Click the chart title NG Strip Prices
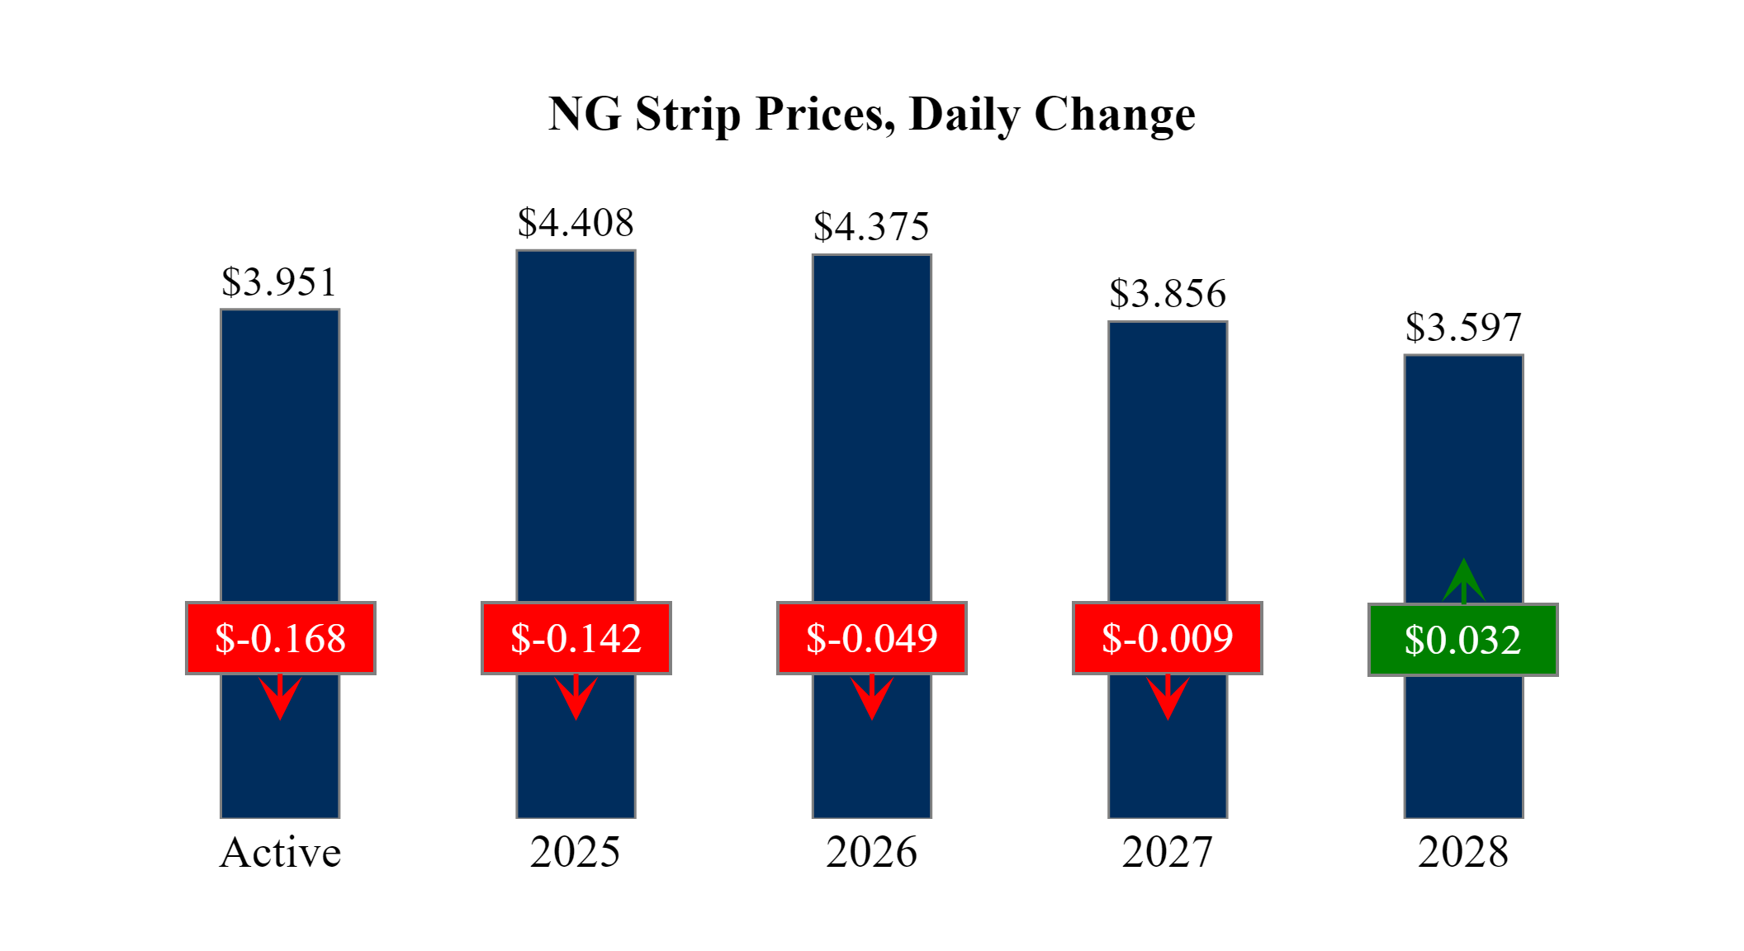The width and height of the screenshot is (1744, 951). pyautogui.click(x=871, y=114)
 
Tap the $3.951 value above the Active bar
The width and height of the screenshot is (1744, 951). pyautogui.click(x=279, y=282)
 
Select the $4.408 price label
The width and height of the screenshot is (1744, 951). pyautogui.click(x=576, y=223)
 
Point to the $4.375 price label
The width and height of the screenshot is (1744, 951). pyautogui.click(x=871, y=227)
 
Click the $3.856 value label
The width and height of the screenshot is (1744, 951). pyautogui.click(x=1168, y=294)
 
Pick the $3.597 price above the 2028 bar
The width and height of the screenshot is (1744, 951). pyautogui.click(x=1463, y=328)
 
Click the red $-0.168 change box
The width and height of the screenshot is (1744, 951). pyautogui.click(x=280, y=638)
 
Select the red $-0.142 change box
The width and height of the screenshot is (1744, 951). pyautogui.click(x=576, y=638)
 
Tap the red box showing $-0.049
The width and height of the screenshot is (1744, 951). pyautogui.click(x=871, y=638)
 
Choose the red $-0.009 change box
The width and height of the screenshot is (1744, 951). pyautogui.click(x=1167, y=638)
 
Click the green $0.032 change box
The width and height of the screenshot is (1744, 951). pyautogui.click(x=1462, y=640)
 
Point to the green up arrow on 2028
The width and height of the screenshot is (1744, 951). pyautogui.click(x=1463, y=581)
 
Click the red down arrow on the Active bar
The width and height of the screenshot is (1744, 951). pyautogui.click(x=280, y=698)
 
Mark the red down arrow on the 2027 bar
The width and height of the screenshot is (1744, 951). pyautogui.click(x=1168, y=698)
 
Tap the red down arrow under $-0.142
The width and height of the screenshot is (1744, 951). pyautogui.click(x=576, y=698)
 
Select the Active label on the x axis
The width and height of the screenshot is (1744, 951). pyautogui.click(x=280, y=852)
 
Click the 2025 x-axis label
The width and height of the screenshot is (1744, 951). pyautogui.click(x=576, y=852)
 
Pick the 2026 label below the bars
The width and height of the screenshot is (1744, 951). pyautogui.click(x=871, y=852)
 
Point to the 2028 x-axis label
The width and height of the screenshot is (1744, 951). pyautogui.click(x=1463, y=852)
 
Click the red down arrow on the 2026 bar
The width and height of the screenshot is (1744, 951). pyautogui.click(x=871, y=698)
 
